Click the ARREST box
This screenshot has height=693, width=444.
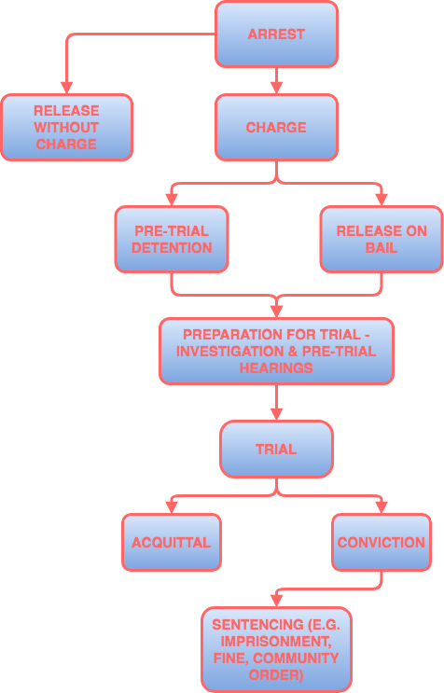pos(276,35)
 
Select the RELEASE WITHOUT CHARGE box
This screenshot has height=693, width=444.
pos(66,128)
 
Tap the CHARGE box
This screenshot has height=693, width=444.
pos(276,128)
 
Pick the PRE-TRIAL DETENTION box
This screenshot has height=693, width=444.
pos(172,239)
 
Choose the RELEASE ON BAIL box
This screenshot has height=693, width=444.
pos(373,239)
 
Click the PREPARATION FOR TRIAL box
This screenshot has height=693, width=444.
pos(276,351)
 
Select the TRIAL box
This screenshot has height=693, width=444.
pos(276,449)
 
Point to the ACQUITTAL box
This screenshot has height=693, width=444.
pos(172,542)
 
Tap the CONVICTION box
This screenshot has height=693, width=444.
pos(381,542)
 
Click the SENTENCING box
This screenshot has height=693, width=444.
pos(276,648)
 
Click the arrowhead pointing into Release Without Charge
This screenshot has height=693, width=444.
pos(66,88)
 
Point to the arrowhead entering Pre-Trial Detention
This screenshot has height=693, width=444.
pos(172,200)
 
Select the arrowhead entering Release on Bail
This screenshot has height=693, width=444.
pos(381,200)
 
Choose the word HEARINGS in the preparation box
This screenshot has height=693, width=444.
pos(276,367)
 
